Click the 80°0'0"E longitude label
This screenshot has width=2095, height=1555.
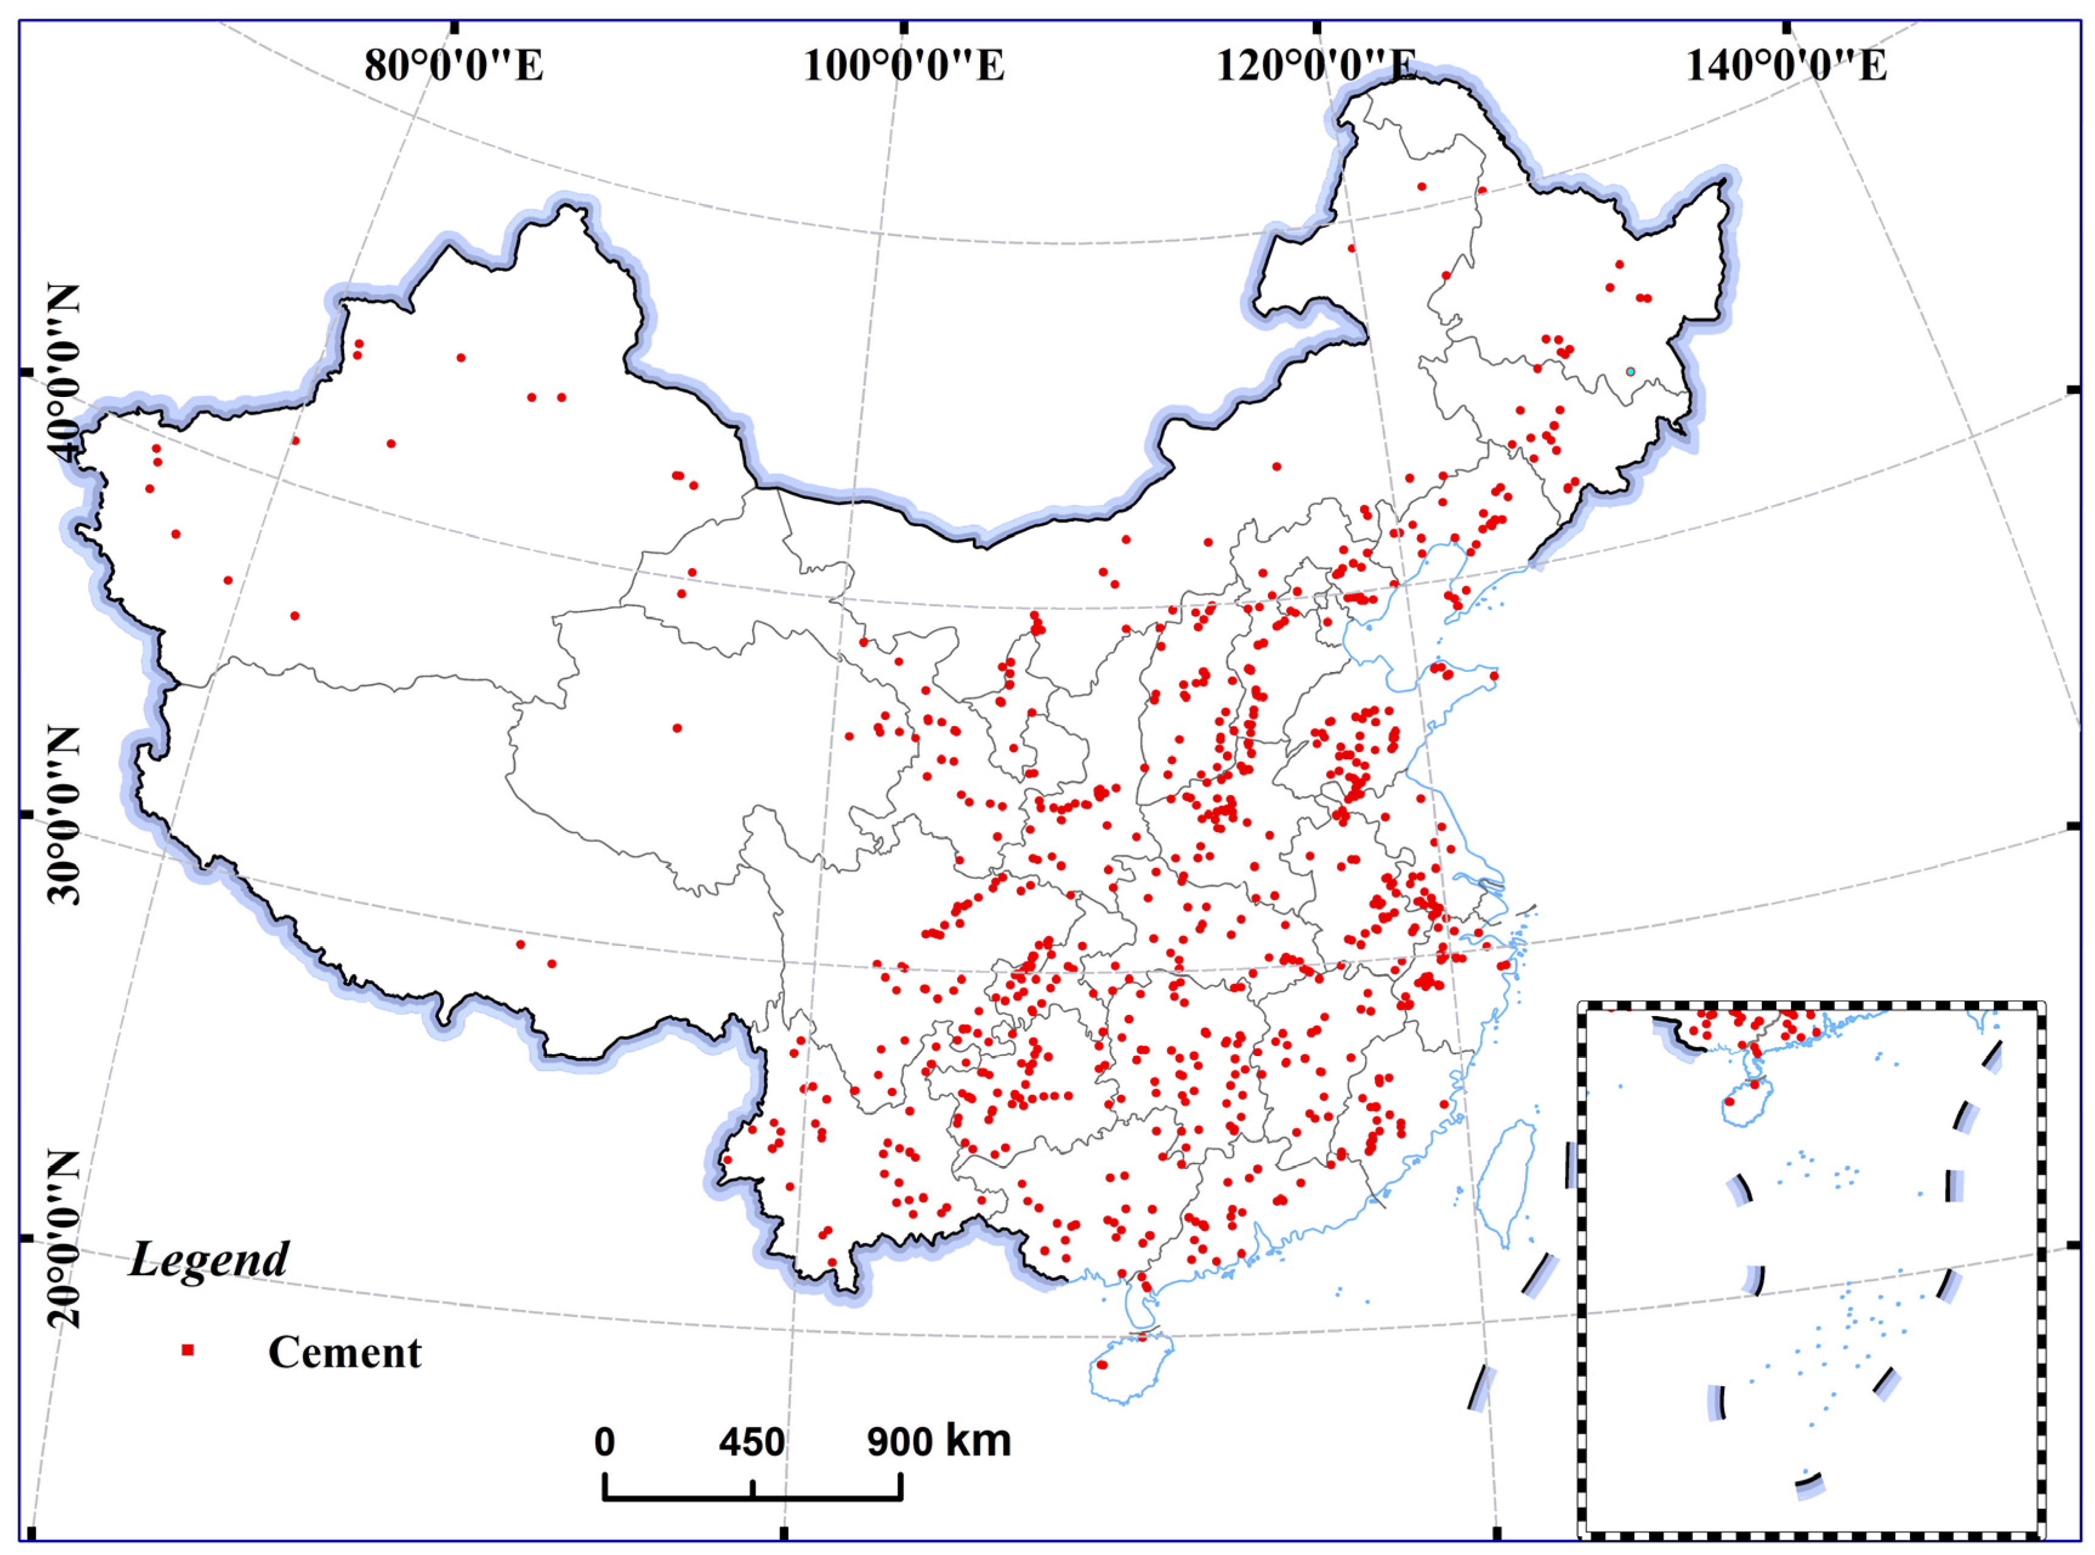pyautogui.click(x=453, y=66)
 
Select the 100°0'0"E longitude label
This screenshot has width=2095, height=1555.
pyautogui.click(x=904, y=66)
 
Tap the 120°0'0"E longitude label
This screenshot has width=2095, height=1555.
pyautogui.click(x=1316, y=66)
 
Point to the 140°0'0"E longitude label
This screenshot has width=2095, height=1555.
pyautogui.click(x=1785, y=66)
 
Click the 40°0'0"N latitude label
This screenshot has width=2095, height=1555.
pyautogui.click(x=64, y=372)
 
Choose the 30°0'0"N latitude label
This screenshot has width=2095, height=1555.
pyautogui.click(x=64, y=814)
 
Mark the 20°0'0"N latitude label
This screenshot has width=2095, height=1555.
pyautogui.click(x=64, y=1238)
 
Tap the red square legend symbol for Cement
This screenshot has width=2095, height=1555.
pyautogui.click(x=188, y=1350)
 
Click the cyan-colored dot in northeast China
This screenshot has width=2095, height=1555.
pyautogui.click(x=1630, y=372)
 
